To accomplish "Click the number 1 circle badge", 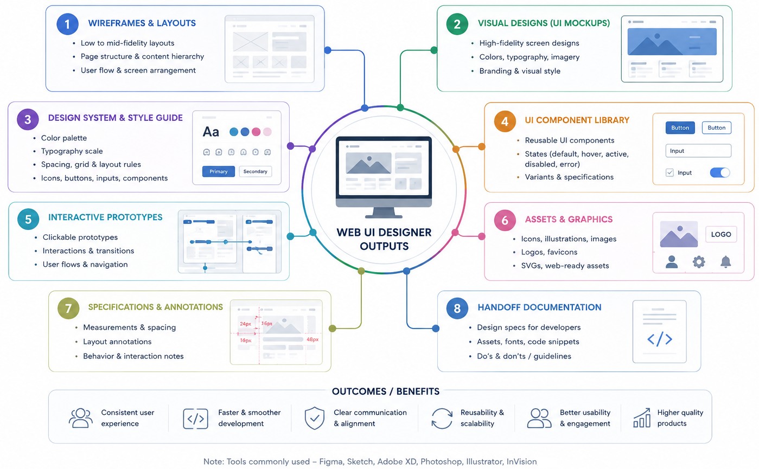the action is (x=67, y=24).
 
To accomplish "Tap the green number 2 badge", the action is (x=457, y=24).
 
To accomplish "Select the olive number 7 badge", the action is (x=68, y=308).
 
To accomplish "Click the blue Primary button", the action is (x=219, y=171).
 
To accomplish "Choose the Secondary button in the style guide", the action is (x=255, y=171).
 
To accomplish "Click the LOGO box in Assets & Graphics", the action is (x=721, y=234).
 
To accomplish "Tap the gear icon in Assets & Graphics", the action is (x=699, y=262).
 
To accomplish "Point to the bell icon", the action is (x=725, y=262).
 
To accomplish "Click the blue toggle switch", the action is (x=720, y=173).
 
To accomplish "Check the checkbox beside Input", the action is (x=669, y=173).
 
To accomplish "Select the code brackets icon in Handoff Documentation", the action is (x=659, y=339).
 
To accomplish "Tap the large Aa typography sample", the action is (x=211, y=132).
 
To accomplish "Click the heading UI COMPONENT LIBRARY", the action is (x=577, y=120).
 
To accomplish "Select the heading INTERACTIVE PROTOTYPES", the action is (x=105, y=217).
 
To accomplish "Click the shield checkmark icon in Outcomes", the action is (x=315, y=418).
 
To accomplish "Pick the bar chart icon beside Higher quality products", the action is (x=642, y=418).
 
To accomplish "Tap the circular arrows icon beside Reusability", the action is (x=442, y=418).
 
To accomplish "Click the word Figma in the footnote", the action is (x=330, y=461).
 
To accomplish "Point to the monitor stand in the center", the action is (x=384, y=213).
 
